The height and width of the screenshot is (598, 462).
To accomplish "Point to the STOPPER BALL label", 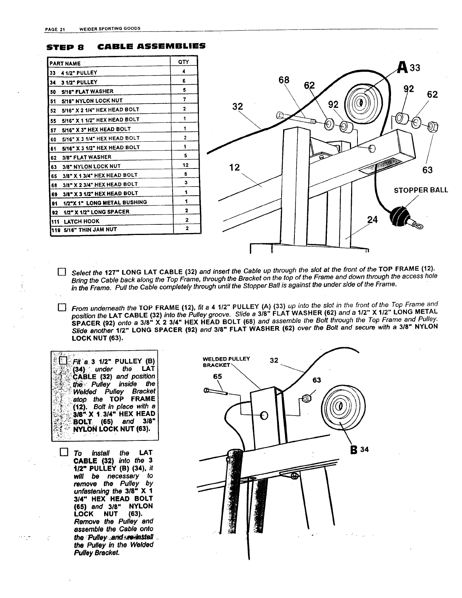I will click(421, 190).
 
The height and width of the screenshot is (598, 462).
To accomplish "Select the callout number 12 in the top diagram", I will click(235, 167).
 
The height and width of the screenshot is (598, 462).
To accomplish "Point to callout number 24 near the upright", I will click(373, 219).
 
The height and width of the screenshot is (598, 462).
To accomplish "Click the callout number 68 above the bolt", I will click(284, 80).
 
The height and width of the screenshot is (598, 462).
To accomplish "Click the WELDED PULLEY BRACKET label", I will click(226, 362).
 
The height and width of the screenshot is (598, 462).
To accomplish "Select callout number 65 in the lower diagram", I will click(218, 377).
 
